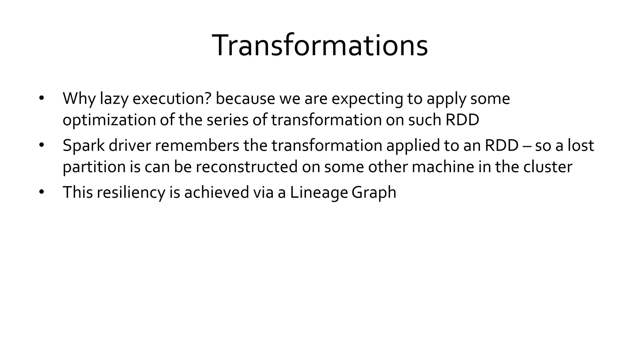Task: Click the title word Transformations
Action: tap(320, 46)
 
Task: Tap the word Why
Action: tap(79, 99)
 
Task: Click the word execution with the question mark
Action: tap(172, 99)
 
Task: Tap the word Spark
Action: tap(83, 146)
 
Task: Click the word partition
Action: tap(94, 167)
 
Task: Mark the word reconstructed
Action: tap(247, 167)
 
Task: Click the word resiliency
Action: tap(131, 192)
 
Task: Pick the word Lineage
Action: tap(318, 192)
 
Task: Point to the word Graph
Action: tap(374, 192)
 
